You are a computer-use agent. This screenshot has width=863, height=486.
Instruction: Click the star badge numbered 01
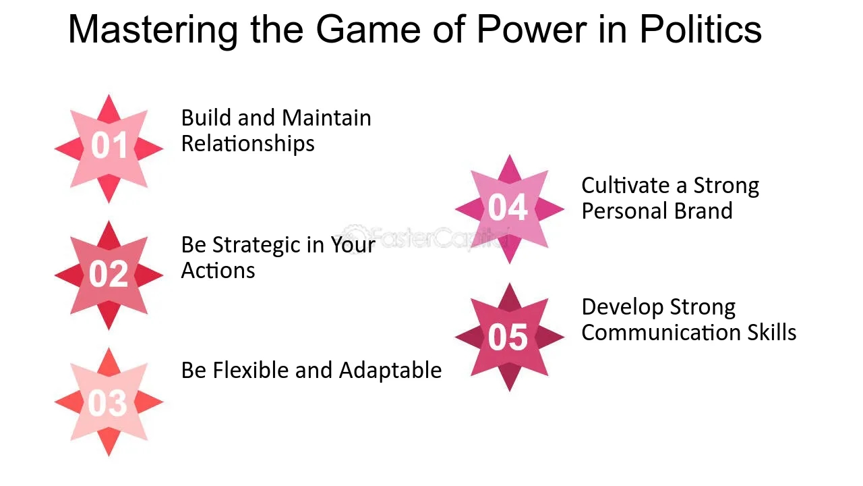click(109, 148)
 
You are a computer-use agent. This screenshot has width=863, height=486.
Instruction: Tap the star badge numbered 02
click(109, 275)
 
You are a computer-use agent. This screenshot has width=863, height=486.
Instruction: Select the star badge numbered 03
click(109, 402)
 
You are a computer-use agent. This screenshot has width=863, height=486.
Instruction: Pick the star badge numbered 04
click(509, 209)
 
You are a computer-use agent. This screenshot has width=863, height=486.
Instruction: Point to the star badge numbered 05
click(509, 337)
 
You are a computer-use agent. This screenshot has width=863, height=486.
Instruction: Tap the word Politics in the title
click(701, 29)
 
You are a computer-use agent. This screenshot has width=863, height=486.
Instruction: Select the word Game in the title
click(368, 30)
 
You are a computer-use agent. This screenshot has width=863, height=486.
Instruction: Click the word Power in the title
click(532, 30)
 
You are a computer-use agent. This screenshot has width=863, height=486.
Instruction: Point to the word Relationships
click(247, 144)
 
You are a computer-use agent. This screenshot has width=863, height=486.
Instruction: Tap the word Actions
click(218, 271)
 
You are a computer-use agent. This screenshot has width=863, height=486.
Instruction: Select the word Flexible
click(250, 371)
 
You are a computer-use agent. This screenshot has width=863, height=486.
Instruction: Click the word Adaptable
click(390, 371)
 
